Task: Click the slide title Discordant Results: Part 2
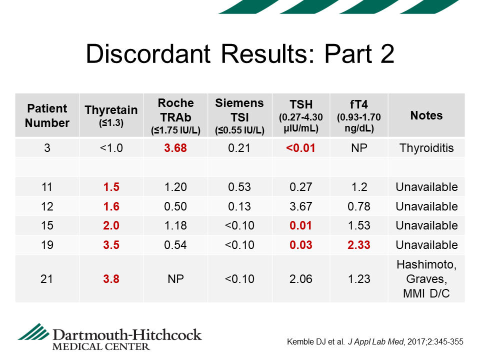point(240,54)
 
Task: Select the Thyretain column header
point(111,115)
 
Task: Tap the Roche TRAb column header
point(175,116)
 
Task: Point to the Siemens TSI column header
point(239,116)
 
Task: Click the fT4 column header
point(359,115)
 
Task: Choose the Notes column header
point(426,115)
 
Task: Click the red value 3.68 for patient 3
point(175,148)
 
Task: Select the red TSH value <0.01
point(300,148)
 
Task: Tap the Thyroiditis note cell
point(426,148)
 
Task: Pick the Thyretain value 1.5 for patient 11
point(111,187)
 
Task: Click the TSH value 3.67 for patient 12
point(301,206)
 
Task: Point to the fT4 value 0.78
point(359,206)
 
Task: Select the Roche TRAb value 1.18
point(175,225)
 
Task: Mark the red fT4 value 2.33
point(359,245)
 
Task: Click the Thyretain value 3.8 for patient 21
point(111,279)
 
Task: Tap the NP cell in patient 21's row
point(175,279)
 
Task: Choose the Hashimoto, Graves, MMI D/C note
point(426,279)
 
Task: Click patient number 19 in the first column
point(47,245)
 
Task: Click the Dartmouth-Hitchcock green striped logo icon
point(33,332)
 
